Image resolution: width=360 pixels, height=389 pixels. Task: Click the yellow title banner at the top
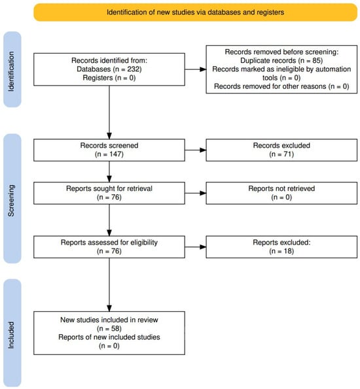click(195, 12)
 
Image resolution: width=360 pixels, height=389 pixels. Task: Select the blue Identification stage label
click(12, 69)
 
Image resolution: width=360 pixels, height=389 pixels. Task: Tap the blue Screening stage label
click(12, 199)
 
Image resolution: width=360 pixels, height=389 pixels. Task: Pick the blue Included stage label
click(12, 333)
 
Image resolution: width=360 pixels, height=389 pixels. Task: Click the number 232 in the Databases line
click(133, 69)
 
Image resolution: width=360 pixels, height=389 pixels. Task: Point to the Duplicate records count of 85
click(316, 61)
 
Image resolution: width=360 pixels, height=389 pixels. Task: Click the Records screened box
click(109, 150)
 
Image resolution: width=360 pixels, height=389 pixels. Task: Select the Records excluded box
click(281, 150)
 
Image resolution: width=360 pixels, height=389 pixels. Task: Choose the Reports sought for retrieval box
click(109, 194)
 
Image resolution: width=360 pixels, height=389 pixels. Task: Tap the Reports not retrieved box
click(281, 194)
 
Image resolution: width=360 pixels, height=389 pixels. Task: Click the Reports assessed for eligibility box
click(109, 247)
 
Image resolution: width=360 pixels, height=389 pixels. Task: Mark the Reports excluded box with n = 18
click(281, 247)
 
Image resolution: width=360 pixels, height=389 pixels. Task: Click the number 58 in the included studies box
click(115, 328)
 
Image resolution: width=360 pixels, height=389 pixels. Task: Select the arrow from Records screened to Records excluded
click(196, 150)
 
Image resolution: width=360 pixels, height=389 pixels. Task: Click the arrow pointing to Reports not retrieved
click(196, 194)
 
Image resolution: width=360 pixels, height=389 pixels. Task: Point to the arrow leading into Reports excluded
click(196, 247)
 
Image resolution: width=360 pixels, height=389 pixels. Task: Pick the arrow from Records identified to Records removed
click(196, 69)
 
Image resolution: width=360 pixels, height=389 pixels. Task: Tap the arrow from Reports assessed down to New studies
click(109, 285)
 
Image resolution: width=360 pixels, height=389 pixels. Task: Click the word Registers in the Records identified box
click(98, 78)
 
